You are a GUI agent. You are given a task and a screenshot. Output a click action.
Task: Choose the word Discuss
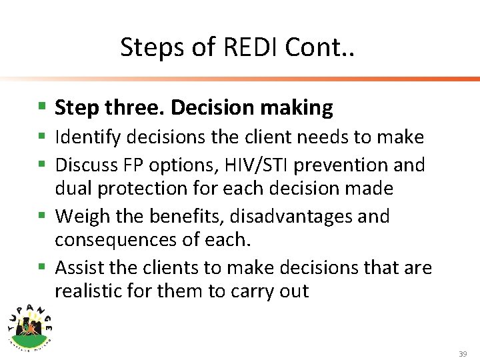pyautogui.click(x=85, y=164)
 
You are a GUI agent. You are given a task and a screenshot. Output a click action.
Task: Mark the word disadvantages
pyautogui.click(x=276, y=217)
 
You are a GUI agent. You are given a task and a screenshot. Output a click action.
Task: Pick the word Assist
pyautogui.click(x=78, y=269)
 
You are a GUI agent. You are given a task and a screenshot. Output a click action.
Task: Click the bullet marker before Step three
pyautogui.click(x=41, y=107)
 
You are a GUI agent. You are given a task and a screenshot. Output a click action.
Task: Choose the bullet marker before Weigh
pyautogui.click(x=41, y=216)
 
